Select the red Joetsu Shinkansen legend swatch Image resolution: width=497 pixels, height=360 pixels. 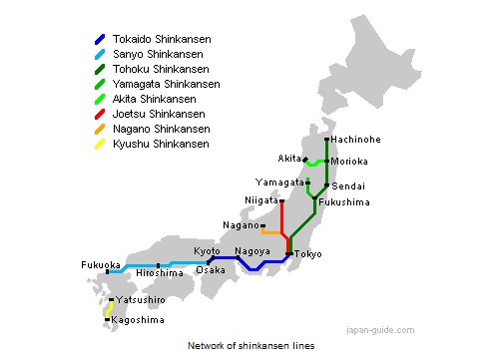99,115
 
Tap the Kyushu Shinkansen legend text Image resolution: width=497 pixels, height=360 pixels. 161,145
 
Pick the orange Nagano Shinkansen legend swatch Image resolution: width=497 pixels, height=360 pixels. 99,130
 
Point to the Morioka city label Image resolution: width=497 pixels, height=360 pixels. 351,162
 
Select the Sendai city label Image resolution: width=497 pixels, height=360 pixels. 348,186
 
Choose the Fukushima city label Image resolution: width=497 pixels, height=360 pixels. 344,202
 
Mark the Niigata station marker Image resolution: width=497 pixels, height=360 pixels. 282,201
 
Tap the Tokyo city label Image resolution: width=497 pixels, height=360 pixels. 308,254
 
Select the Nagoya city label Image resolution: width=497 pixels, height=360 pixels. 253,251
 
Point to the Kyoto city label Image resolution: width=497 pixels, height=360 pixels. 207,251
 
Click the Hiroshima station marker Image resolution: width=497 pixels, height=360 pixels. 159,266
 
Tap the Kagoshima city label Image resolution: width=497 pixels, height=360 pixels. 138,319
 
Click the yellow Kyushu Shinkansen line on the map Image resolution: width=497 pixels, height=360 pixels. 108,310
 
